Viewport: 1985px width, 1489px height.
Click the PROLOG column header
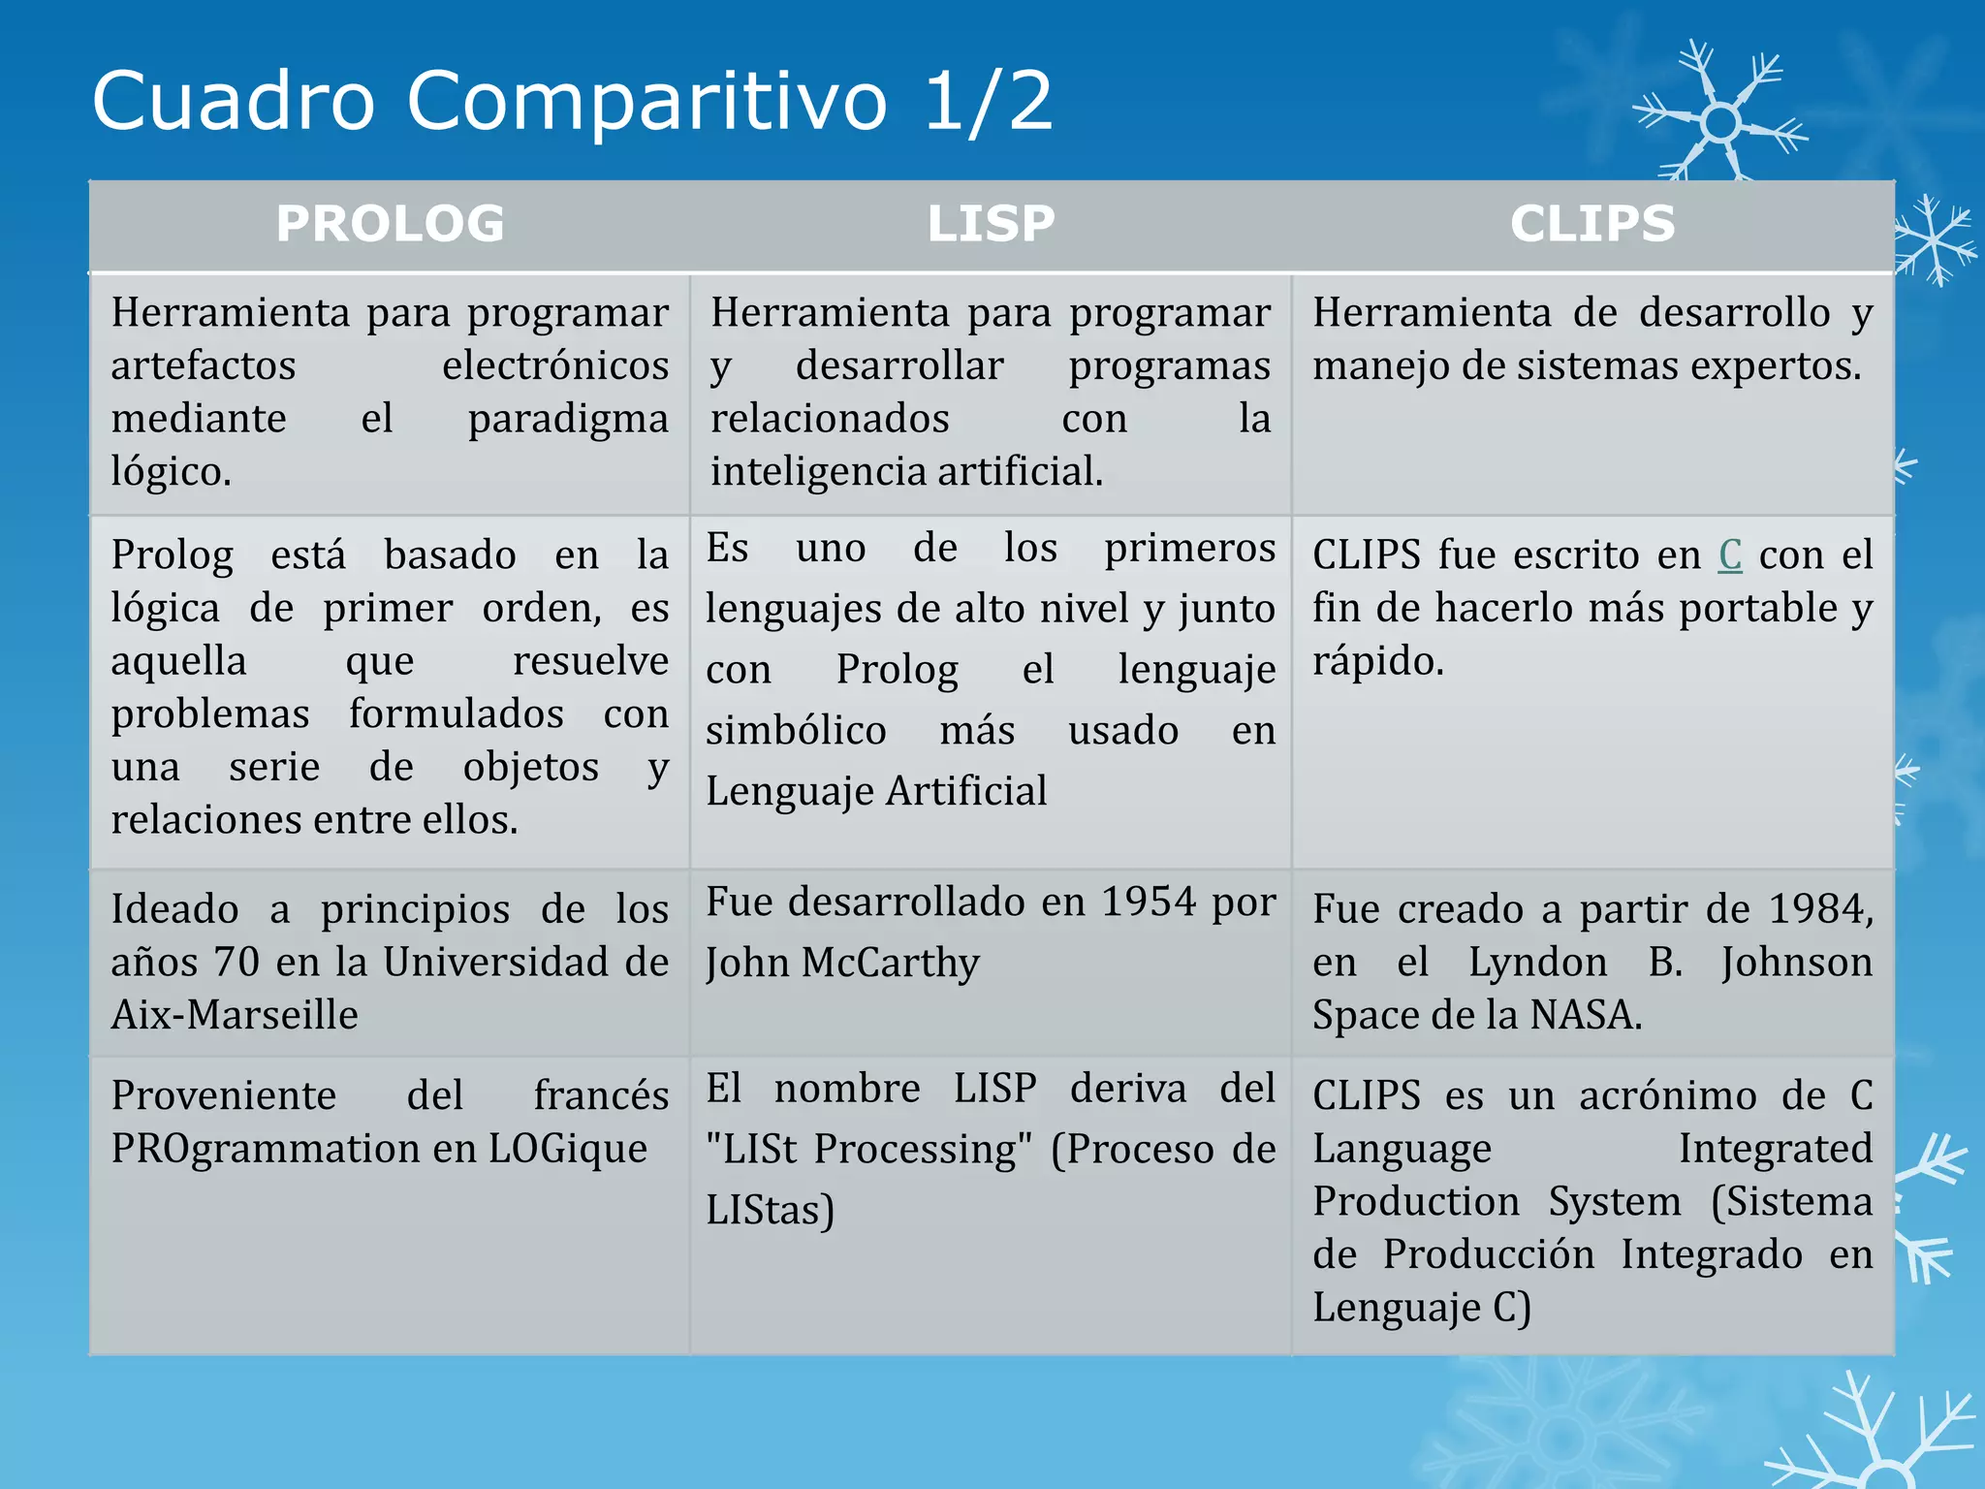click(x=390, y=224)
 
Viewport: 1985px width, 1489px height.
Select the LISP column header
click(x=991, y=224)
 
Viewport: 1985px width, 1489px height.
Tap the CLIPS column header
click(x=1592, y=224)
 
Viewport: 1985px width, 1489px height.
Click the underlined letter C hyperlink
click(x=1730, y=555)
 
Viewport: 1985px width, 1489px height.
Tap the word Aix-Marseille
click(x=235, y=1015)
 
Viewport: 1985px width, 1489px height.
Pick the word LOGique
click(x=568, y=1149)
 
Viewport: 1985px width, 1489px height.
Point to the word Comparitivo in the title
click(x=646, y=102)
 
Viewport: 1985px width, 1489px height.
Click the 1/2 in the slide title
click(x=989, y=100)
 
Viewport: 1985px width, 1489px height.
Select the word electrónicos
click(x=554, y=366)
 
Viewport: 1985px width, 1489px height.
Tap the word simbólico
click(x=796, y=731)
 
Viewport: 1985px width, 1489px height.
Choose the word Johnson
click(x=1796, y=963)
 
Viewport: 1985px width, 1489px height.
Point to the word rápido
click(x=1377, y=662)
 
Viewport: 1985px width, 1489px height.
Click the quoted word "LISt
click(x=752, y=1150)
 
